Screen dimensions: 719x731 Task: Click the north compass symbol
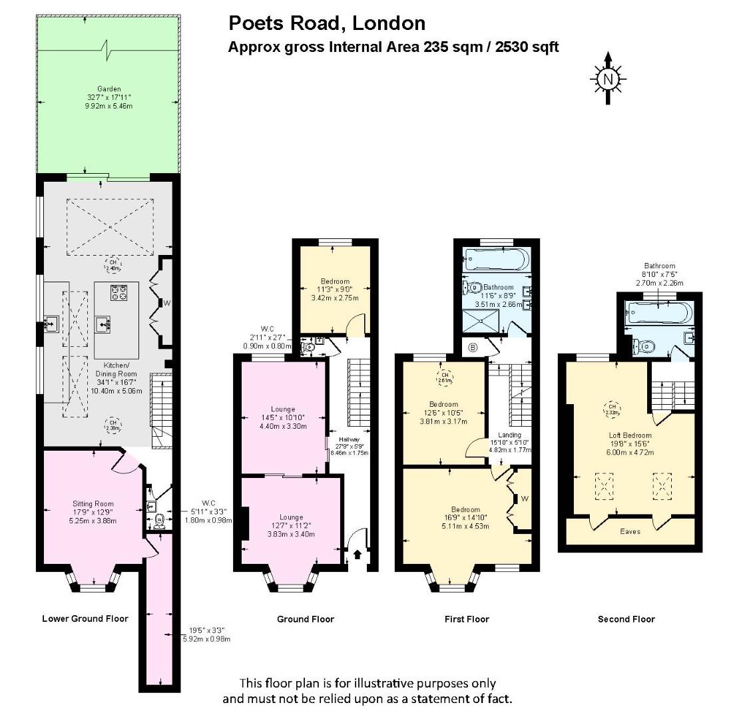(607, 79)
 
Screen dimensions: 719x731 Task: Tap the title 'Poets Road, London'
(327, 23)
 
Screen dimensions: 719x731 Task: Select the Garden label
(109, 89)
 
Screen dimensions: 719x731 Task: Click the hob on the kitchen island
(119, 293)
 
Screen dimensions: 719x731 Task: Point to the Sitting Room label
(93, 503)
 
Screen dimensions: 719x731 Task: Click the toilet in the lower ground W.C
(158, 519)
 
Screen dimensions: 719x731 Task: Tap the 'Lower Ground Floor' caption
(85, 618)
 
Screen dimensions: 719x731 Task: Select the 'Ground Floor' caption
(306, 619)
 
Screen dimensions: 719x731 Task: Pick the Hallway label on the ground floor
(349, 439)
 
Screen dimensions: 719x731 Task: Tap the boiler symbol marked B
(473, 347)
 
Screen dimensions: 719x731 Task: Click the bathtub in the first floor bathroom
(496, 260)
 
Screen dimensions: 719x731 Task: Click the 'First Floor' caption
(467, 619)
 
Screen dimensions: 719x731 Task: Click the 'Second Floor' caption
(626, 619)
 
